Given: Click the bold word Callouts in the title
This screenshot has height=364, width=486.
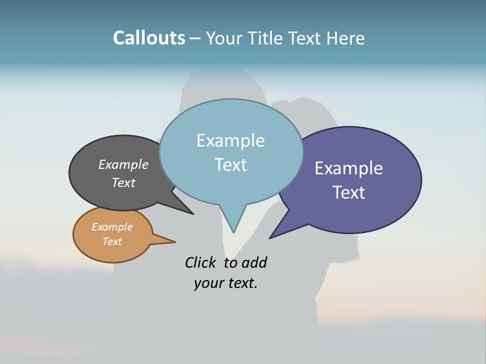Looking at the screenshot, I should (149, 38).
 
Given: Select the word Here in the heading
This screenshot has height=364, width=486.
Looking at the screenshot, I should (346, 38).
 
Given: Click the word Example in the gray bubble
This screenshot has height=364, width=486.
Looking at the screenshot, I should (124, 164).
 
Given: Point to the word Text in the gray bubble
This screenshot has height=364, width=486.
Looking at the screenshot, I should (124, 183).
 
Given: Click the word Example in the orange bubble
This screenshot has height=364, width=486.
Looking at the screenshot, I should (112, 227).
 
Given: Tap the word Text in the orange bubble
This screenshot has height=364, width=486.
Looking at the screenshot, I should (112, 242).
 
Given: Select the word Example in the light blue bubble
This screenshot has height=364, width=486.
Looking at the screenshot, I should (230, 141).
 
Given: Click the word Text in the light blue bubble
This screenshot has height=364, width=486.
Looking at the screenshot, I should (230, 165).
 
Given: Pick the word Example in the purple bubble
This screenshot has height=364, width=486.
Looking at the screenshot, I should (349, 168).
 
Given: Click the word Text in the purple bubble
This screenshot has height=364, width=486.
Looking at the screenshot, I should (349, 193).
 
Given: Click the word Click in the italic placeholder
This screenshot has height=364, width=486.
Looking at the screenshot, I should (201, 263).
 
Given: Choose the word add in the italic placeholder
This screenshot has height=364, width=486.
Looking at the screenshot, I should (254, 263).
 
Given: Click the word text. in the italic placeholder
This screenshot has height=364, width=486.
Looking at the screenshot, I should (241, 283).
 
